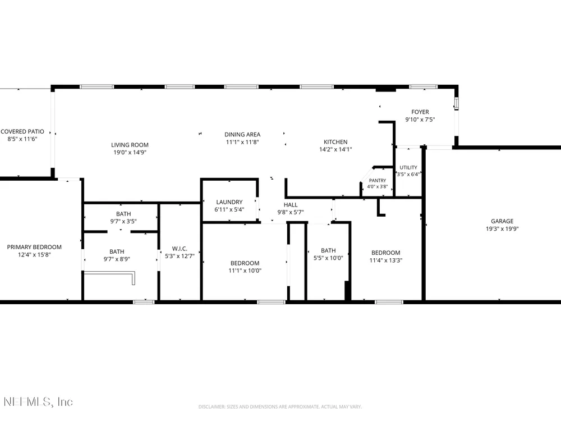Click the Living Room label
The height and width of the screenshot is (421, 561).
click(x=130, y=145)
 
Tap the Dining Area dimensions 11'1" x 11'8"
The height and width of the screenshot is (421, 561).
click(x=242, y=142)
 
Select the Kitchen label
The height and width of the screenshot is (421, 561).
click(x=335, y=142)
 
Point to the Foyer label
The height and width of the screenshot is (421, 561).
click(x=420, y=112)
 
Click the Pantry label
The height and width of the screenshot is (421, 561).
click(x=378, y=181)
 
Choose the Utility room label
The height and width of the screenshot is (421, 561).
click(x=408, y=167)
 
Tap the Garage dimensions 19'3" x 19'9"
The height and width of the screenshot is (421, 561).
click(x=502, y=229)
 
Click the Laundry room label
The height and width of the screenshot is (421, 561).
click(x=229, y=202)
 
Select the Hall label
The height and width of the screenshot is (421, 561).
click(x=291, y=205)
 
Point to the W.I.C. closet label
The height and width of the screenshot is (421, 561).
click(x=180, y=249)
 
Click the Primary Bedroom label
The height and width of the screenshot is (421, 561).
click(x=34, y=247)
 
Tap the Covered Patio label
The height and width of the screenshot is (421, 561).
click(x=22, y=132)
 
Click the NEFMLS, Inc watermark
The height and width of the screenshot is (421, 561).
click(x=38, y=402)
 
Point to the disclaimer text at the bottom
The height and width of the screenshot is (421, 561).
click(x=280, y=406)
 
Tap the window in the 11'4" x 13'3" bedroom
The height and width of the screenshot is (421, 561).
click(x=389, y=302)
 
